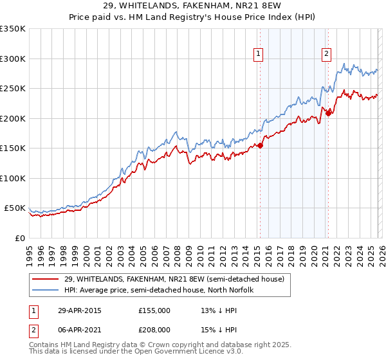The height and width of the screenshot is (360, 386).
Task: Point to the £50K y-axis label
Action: tap(14, 208)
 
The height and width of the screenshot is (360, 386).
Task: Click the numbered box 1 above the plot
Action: tap(258, 54)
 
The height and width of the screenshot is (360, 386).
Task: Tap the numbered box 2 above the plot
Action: tap(327, 54)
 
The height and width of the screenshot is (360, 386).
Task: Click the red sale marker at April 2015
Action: tap(261, 145)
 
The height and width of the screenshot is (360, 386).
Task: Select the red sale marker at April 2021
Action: tap(328, 113)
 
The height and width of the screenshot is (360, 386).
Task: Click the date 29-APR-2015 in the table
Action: tap(80, 310)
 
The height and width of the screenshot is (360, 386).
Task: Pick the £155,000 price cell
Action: tap(154, 310)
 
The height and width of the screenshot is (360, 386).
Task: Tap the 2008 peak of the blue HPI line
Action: tap(176, 132)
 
